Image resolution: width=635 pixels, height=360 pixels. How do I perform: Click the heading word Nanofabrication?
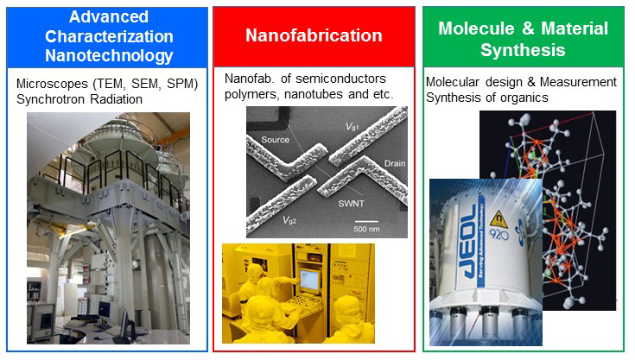(x=314, y=35)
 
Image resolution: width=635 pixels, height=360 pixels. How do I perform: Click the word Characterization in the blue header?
(x=109, y=36)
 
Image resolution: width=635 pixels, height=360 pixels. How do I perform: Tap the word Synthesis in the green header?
(x=523, y=50)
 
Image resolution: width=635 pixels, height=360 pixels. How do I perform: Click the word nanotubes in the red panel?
(x=314, y=94)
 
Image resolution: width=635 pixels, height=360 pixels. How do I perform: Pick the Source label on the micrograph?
(x=276, y=140)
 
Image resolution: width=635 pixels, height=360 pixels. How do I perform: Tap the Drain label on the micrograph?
(x=395, y=164)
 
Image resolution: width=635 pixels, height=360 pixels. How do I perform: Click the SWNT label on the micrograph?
(x=351, y=204)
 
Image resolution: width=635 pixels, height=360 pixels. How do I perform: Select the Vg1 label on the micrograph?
(x=352, y=127)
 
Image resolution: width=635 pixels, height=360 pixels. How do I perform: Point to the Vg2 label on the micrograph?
(x=289, y=220)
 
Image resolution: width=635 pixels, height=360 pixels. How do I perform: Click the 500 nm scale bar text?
(x=366, y=229)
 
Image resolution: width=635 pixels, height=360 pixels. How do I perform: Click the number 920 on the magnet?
(x=499, y=234)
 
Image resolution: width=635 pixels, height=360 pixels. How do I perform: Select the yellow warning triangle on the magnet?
(x=498, y=218)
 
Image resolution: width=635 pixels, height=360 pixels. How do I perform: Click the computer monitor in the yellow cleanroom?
(x=309, y=281)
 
